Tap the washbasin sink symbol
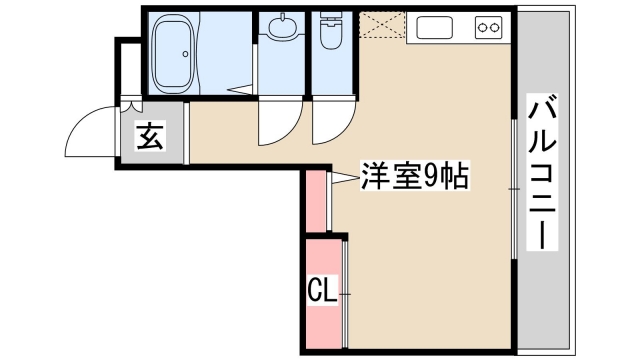click(x=281, y=30)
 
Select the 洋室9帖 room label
click(x=401, y=178)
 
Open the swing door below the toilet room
click(x=326, y=125)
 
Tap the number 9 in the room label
click(x=430, y=178)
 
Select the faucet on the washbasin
click(x=281, y=18)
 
